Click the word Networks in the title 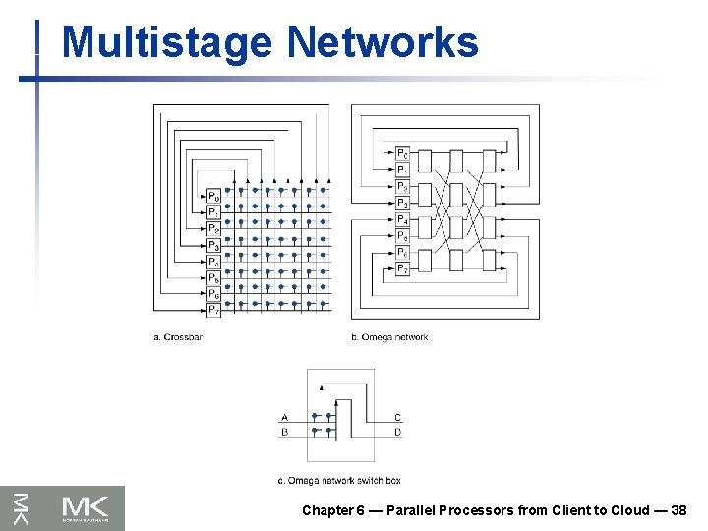tap(383, 42)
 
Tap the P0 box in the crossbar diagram tap(213, 196)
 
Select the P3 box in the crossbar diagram tap(213, 245)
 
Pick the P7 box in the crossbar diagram tap(213, 310)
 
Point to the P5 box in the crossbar tap(213, 277)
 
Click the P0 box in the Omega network tap(402, 153)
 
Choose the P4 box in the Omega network tap(402, 219)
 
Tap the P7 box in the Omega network tap(402, 268)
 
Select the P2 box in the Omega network tap(402, 187)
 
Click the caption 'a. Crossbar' tap(178, 337)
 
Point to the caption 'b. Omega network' tap(389, 337)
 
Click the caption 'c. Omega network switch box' tap(339, 480)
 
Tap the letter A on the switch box tap(284, 418)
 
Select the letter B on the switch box tap(284, 431)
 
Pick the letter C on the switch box tap(397, 418)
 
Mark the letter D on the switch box tap(397, 431)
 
